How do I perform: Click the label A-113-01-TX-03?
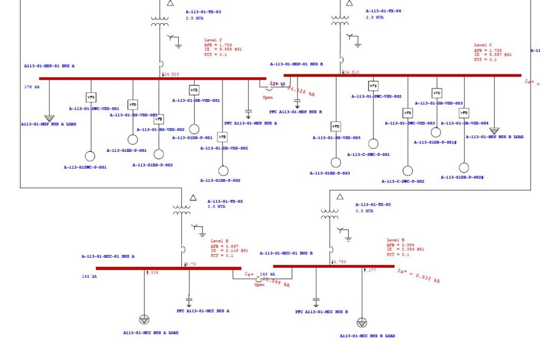coord(203,12)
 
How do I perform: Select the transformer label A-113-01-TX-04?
coord(383,11)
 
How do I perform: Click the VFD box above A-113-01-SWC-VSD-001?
coord(91,97)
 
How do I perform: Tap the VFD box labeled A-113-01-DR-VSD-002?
coord(223,137)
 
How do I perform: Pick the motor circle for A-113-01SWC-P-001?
coord(90,156)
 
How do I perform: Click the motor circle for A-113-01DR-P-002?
coord(224,171)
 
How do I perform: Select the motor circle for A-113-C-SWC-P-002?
coord(408,171)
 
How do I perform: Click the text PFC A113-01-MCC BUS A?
coord(202,311)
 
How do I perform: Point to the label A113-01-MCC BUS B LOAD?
coord(367,336)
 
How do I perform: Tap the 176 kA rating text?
coord(32,86)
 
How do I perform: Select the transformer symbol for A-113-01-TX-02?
coord(182,210)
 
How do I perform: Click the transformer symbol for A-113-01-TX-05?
coord(330,213)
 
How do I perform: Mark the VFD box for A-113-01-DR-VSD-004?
coord(464,113)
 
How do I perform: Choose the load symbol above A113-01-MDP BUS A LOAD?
coord(49,118)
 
